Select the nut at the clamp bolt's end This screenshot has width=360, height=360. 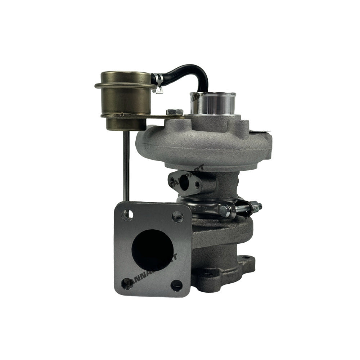pyautogui.click(x=257, y=206)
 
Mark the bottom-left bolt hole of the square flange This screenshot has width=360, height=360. pyautogui.click(x=126, y=283)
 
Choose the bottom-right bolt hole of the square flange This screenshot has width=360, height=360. pyautogui.click(x=176, y=285)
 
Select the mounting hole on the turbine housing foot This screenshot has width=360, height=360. pyautogui.click(x=246, y=258)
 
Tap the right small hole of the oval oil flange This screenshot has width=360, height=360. pyautogui.click(x=197, y=185)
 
